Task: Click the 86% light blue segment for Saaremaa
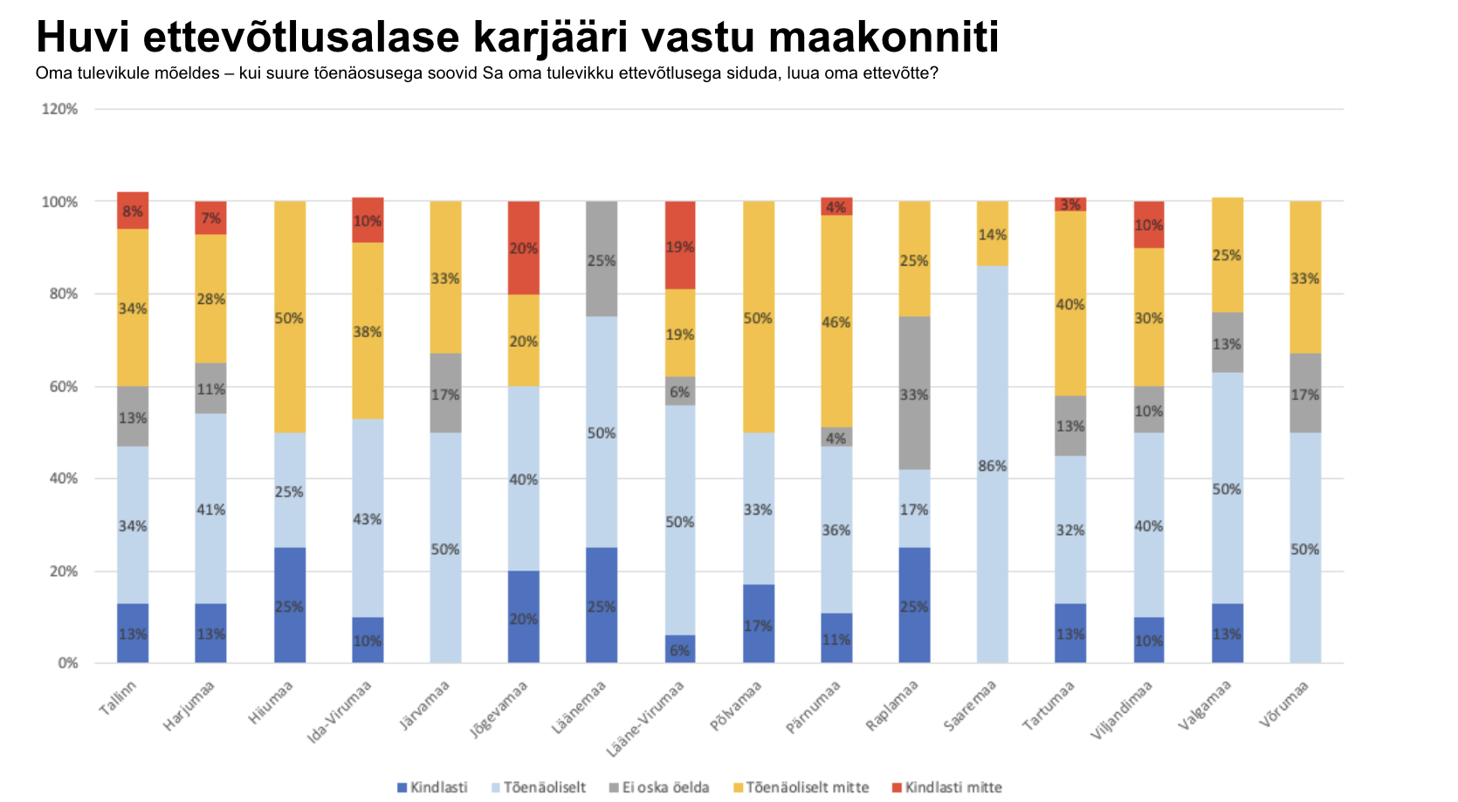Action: [993, 465]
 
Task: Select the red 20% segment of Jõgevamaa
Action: [524, 247]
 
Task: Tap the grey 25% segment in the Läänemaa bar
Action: [602, 259]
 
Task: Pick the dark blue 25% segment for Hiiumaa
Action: [290, 605]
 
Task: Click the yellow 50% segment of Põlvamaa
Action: [759, 316]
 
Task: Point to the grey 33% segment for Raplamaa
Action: [914, 393]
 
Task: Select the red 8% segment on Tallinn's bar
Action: [133, 211]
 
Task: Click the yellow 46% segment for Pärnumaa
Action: [836, 321]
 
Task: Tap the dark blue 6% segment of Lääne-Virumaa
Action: [680, 649]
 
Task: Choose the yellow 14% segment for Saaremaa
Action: [993, 233]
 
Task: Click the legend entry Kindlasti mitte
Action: [947, 788]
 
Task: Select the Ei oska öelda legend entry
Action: [658, 788]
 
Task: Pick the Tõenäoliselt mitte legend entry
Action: [801, 788]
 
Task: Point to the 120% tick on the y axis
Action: [60, 109]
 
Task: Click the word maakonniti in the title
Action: [884, 38]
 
